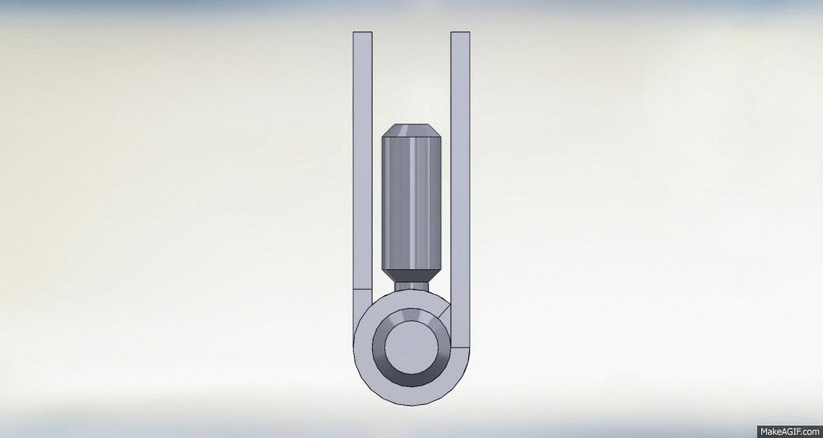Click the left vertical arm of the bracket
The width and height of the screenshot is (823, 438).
(363, 161)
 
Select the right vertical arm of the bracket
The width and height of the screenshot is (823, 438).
(460, 189)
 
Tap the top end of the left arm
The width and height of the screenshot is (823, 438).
(363, 33)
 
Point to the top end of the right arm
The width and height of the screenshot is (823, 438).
(460, 33)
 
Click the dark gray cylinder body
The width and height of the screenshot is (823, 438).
(411, 203)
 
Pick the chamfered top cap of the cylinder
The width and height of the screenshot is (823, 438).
(411, 130)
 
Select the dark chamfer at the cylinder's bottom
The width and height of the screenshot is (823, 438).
(411, 275)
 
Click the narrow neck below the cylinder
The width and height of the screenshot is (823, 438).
(411, 287)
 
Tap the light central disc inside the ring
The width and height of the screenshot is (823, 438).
(411, 347)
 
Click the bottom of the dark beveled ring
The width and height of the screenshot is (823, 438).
(411, 380)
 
